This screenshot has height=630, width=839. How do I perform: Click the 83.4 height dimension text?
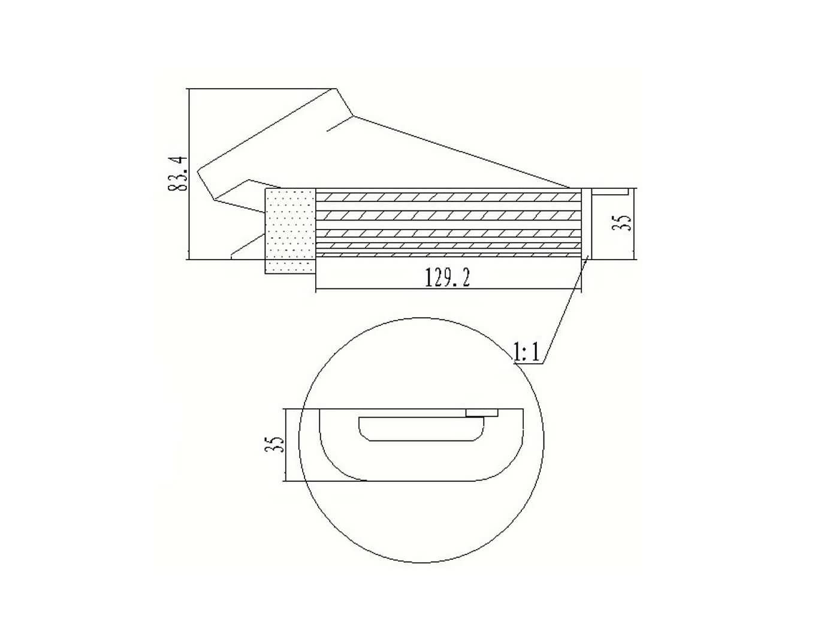point(178,174)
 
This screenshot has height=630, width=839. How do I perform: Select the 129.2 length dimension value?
point(447,278)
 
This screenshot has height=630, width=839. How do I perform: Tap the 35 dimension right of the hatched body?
point(624,222)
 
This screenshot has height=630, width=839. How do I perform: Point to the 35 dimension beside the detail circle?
point(274,444)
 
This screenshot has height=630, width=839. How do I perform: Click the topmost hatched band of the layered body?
point(448,197)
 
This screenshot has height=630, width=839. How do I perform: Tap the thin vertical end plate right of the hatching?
point(587,223)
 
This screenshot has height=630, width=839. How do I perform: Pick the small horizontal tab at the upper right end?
point(610,191)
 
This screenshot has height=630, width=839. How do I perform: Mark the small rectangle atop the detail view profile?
point(482,413)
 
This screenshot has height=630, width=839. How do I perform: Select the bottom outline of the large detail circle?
point(421,562)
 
